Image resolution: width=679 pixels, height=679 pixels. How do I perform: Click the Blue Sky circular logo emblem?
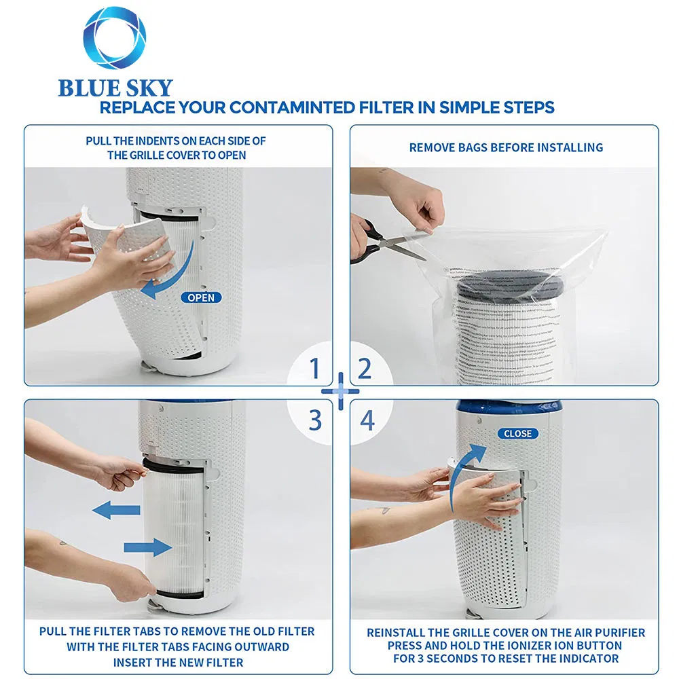tap(115, 38)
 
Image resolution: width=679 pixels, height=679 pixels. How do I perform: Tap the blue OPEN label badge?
tap(201, 297)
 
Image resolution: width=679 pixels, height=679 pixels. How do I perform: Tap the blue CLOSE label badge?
tap(517, 433)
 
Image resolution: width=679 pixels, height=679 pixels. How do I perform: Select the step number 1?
tap(314, 369)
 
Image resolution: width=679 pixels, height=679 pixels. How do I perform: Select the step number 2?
tap(365, 369)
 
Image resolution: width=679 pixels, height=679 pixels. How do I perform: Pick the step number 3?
tap(314, 420)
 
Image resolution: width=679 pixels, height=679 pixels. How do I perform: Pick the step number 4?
tap(367, 420)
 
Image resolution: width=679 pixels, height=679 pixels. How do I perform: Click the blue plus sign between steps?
tap(339, 392)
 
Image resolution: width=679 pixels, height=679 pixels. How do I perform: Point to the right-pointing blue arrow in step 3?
tap(147, 547)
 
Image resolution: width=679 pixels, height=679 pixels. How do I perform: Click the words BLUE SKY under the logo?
tap(115, 88)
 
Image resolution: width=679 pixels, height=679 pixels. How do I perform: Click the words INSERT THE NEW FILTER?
tap(178, 662)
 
